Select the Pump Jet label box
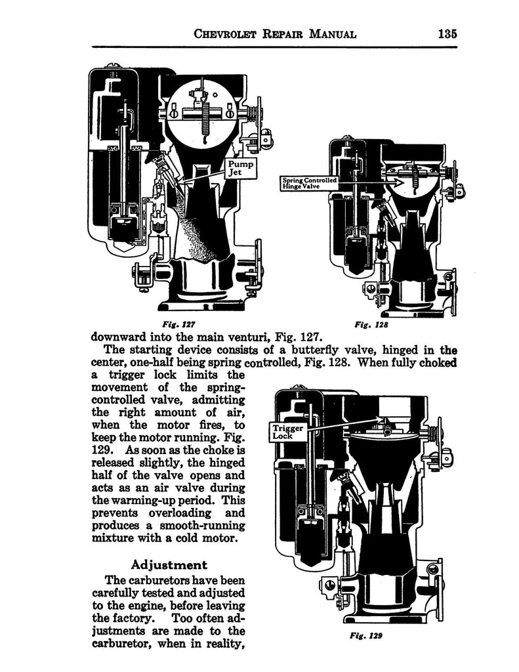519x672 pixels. coord(239,168)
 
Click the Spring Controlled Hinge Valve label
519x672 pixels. coord(308,182)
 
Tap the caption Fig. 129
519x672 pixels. coord(362,636)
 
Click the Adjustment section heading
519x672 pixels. coord(169,564)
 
